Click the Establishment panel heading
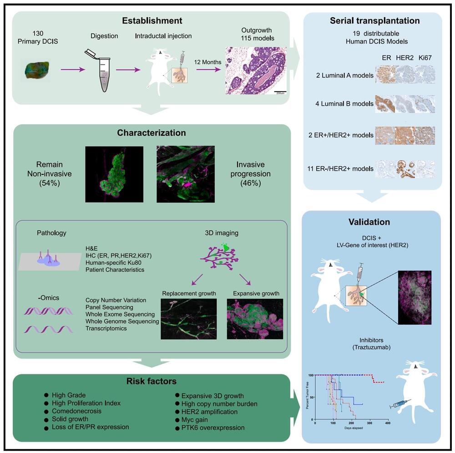(x=152, y=20)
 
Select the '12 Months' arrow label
(x=208, y=62)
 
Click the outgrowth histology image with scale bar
(x=256, y=70)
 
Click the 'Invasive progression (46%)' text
(x=254, y=173)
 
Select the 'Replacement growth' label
(x=188, y=293)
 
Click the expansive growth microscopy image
(x=255, y=319)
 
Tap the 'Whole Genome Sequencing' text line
(x=122, y=321)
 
